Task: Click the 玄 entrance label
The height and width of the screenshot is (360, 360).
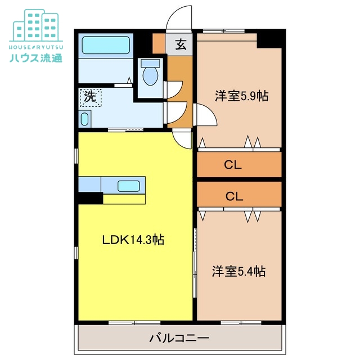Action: pyautogui.click(x=181, y=45)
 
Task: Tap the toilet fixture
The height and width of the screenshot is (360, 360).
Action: pyautogui.click(x=150, y=74)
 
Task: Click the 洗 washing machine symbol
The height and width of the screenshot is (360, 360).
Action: pyautogui.click(x=90, y=96)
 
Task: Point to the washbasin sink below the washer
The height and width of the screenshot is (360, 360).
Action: pyautogui.click(x=85, y=119)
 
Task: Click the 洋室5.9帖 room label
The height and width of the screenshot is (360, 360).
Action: pyautogui.click(x=241, y=96)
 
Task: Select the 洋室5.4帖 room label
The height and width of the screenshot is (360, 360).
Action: pyautogui.click(x=238, y=272)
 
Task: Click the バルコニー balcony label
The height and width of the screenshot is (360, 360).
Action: pyautogui.click(x=179, y=339)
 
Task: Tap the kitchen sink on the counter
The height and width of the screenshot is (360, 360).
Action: pyautogui.click(x=129, y=185)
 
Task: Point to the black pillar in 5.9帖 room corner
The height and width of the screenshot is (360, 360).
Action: pyautogui.click(x=269, y=39)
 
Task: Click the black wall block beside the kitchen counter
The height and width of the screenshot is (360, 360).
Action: pyautogui.click(x=90, y=198)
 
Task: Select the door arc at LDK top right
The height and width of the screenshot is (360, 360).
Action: pyautogui.click(x=182, y=139)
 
